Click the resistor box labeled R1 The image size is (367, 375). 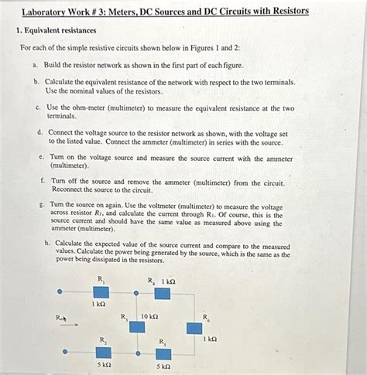101,291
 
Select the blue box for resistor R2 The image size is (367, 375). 103,353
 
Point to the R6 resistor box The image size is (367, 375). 194,327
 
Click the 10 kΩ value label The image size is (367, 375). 149,316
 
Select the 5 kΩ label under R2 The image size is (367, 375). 103,365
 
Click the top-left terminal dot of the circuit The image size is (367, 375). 65,292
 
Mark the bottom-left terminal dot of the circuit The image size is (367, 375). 65,352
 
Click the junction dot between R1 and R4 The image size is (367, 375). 136,292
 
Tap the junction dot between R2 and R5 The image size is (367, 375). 137,353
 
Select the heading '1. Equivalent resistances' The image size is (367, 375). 56,30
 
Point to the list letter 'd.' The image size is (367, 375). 40,132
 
